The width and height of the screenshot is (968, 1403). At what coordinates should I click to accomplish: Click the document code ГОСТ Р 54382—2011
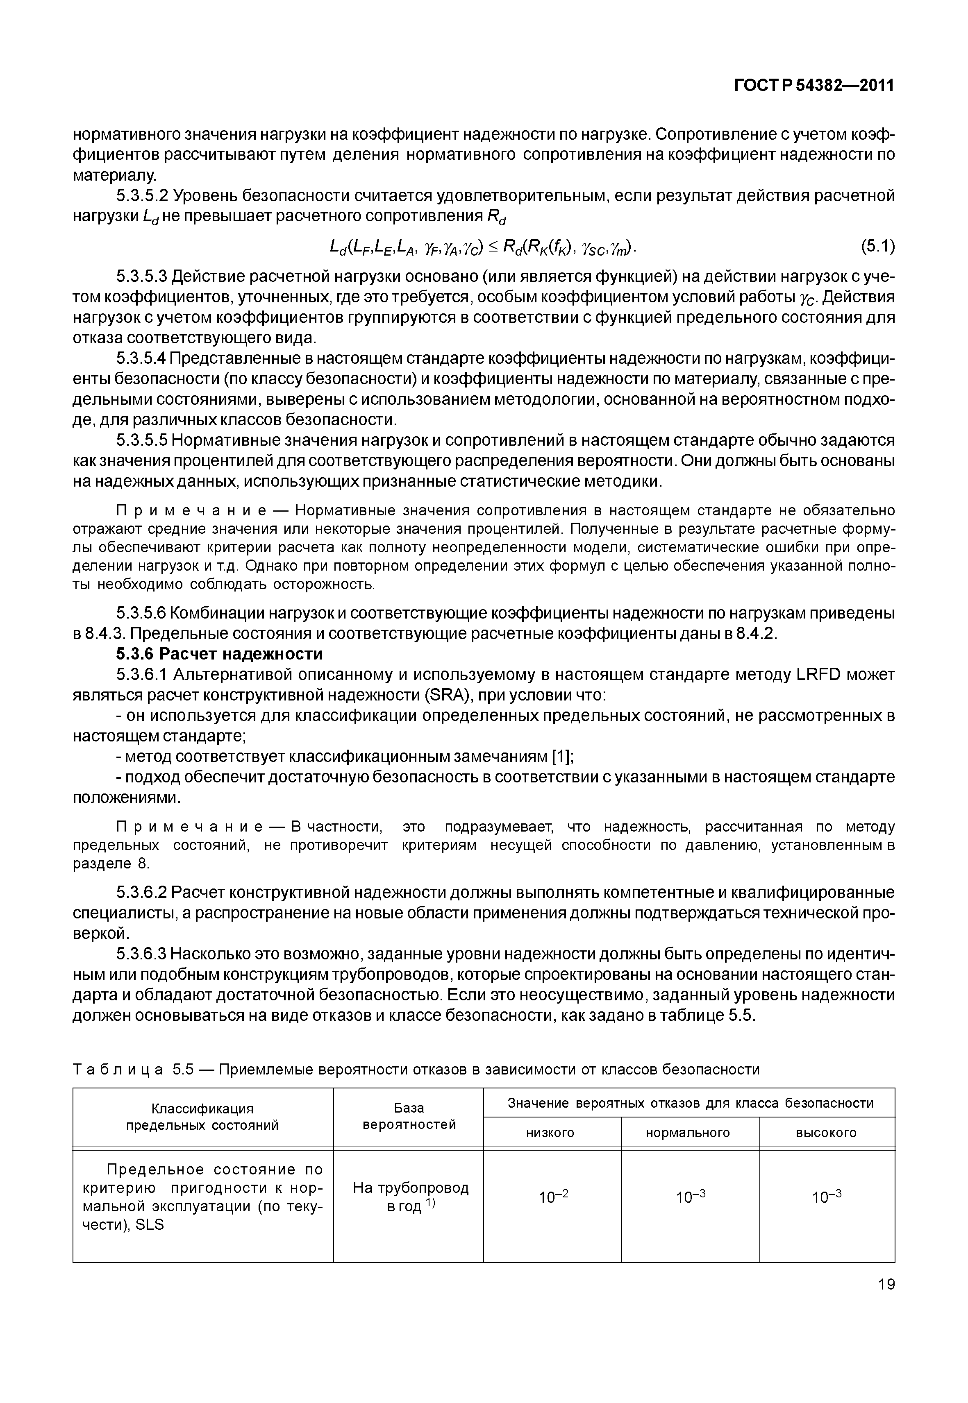tap(814, 86)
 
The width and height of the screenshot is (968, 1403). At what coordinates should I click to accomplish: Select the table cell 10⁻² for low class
tap(553, 1197)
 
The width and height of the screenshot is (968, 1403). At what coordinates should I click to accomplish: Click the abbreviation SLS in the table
tap(150, 1225)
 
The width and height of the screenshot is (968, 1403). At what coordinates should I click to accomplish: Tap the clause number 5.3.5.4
tap(141, 359)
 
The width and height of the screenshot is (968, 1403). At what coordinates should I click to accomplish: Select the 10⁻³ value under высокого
tap(826, 1197)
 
